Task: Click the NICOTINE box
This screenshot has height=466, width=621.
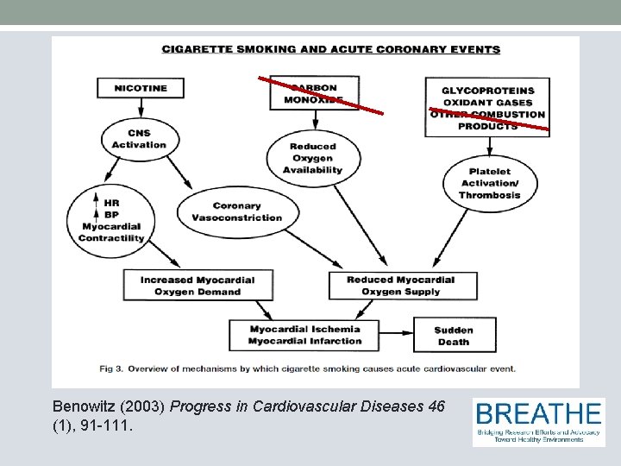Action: coord(140,88)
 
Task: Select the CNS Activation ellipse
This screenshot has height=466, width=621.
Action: coord(139,139)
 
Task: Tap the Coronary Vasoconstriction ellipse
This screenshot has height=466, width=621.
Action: coord(236,211)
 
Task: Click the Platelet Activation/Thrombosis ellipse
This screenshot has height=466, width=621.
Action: coord(490,183)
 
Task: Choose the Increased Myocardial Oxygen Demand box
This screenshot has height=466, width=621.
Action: coord(198,286)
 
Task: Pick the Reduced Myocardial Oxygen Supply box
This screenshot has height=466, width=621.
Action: coord(400,286)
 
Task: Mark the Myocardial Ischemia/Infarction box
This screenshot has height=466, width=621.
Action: coord(305,335)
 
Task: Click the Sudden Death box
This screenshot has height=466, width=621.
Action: coord(454,336)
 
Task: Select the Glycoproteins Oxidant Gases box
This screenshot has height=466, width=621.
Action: coord(487,108)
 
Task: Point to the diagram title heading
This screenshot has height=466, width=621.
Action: coord(330,49)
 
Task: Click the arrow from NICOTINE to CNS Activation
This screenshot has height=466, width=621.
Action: coord(140,108)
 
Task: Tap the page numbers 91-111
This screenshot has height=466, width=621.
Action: coord(104,425)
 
